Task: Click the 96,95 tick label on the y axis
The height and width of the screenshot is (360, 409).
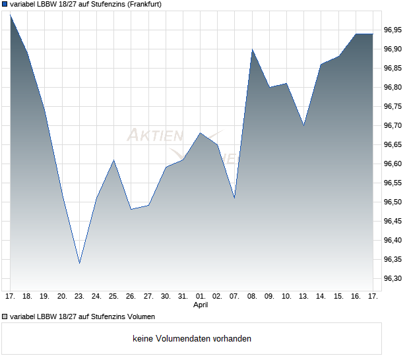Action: [393, 30]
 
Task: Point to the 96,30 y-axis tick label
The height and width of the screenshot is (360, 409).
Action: [393, 279]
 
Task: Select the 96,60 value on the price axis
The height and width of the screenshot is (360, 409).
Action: [393, 164]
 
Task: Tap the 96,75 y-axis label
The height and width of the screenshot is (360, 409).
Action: [393, 107]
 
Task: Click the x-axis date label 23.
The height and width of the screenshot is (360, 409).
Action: [79, 296]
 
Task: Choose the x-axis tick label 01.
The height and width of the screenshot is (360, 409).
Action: [201, 296]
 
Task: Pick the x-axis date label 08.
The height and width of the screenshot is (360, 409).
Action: [252, 296]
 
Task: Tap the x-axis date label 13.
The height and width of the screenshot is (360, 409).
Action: [303, 296]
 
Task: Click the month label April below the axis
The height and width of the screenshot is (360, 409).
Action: [201, 305]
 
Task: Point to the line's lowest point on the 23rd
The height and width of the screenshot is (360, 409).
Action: [79, 263]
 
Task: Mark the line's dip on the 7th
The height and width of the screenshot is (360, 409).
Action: [235, 198]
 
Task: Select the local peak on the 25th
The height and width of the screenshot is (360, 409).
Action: [114, 160]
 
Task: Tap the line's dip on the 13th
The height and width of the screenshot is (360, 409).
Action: [303, 125]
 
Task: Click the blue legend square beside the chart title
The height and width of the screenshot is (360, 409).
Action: [5, 4]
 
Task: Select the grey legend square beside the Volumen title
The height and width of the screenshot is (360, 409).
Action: [5, 316]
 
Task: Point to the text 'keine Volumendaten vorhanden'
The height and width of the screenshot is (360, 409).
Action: [192, 339]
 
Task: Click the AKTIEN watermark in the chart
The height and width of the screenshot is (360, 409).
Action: [155, 136]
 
